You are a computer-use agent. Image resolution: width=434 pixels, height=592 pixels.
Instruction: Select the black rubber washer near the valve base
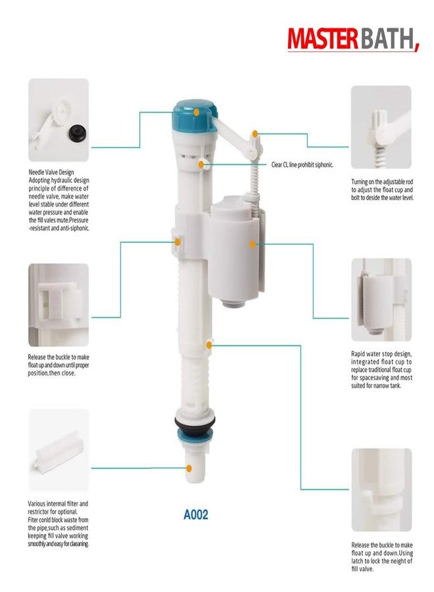click(x=196, y=422)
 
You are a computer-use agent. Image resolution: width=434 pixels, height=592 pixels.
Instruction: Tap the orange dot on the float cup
click(x=253, y=244)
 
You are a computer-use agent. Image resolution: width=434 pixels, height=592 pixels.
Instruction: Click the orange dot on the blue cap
click(x=197, y=112)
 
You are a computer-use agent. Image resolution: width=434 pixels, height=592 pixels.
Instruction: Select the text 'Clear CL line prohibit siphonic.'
click(x=302, y=164)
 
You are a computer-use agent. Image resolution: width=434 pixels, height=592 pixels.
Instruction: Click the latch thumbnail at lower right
click(x=381, y=489)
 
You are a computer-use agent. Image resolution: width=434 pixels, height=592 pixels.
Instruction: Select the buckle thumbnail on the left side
click(x=58, y=305)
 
